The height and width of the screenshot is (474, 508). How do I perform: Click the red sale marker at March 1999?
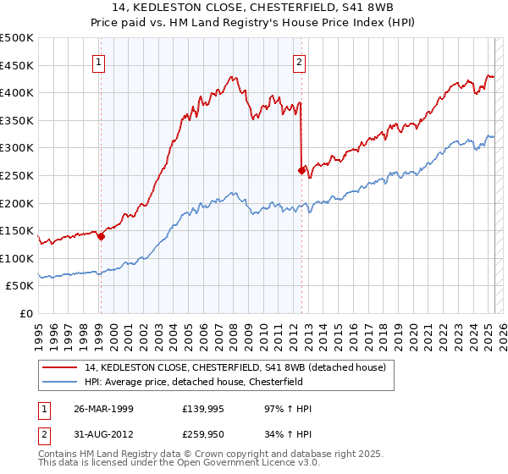click(x=101, y=237)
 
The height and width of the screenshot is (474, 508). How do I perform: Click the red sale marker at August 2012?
click(x=301, y=170)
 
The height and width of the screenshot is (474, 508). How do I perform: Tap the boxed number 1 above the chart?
click(x=100, y=61)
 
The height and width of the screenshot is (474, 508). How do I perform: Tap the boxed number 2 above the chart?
click(x=300, y=61)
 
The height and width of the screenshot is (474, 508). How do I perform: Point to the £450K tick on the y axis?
click(x=17, y=65)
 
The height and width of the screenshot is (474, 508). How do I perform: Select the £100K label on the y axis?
click(x=17, y=258)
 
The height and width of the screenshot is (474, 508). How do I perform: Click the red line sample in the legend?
click(x=61, y=367)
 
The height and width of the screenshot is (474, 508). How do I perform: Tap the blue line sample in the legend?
click(x=61, y=382)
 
